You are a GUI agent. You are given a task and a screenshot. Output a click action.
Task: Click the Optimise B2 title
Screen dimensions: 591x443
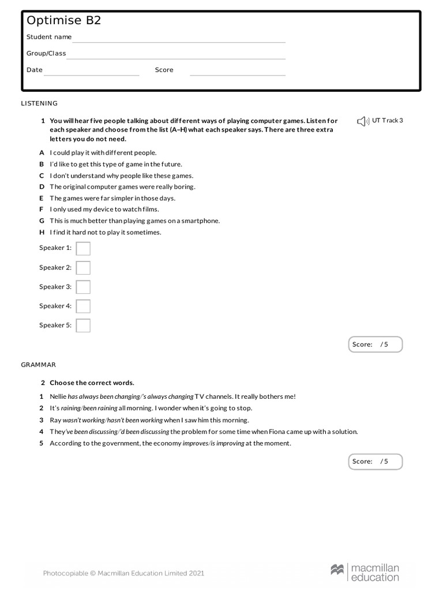coord(63,21)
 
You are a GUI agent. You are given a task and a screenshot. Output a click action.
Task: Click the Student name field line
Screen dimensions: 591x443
coord(179,42)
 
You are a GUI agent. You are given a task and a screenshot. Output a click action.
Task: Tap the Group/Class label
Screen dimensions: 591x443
coord(46,54)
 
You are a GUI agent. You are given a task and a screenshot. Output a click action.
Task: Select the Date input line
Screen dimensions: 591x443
coord(92,74)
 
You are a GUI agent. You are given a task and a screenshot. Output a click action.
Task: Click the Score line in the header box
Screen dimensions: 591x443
coord(238,74)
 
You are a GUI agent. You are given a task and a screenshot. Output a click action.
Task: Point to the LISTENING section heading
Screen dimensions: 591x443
coord(39,103)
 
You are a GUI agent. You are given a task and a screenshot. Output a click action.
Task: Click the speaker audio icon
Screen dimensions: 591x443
coord(362,121)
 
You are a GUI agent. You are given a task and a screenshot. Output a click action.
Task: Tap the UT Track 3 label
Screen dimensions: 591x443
coord(388,121)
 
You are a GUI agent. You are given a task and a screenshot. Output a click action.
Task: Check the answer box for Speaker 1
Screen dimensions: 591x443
coord(83,248)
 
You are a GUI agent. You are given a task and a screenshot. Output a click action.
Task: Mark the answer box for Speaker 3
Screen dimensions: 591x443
coord(83,287)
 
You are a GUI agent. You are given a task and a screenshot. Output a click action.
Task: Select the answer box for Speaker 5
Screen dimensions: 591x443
coord(83,326)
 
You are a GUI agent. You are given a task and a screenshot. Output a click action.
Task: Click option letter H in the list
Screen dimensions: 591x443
coord(42,233)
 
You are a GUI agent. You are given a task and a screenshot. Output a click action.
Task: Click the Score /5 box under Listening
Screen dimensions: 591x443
coord(376,345)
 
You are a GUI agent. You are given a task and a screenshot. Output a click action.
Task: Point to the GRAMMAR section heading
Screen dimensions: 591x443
coord(39,365)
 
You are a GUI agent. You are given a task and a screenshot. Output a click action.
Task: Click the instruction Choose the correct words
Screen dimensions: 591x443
coord(92,383)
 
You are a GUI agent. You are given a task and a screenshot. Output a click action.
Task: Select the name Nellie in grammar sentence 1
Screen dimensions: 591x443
coord(58,397)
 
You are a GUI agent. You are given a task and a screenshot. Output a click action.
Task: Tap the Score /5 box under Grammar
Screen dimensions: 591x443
coord(376,462)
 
